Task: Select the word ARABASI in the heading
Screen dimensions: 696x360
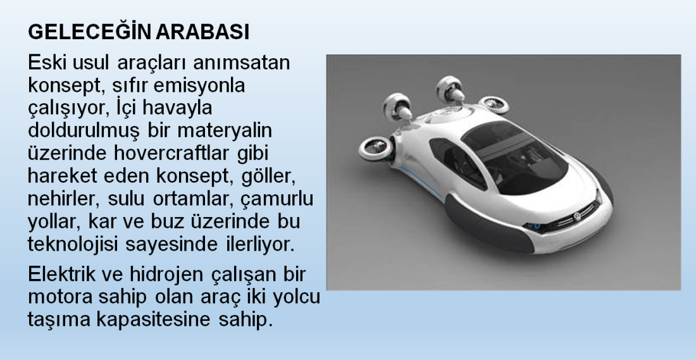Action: pos(203,32)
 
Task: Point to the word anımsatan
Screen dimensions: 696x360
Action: pos(241,62)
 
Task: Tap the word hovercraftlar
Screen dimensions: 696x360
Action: pos(171,153)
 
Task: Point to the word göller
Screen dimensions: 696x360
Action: pos(268,177)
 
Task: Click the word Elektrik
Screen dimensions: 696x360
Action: pos(62,274)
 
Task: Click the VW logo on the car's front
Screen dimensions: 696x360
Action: pos(577,217)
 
